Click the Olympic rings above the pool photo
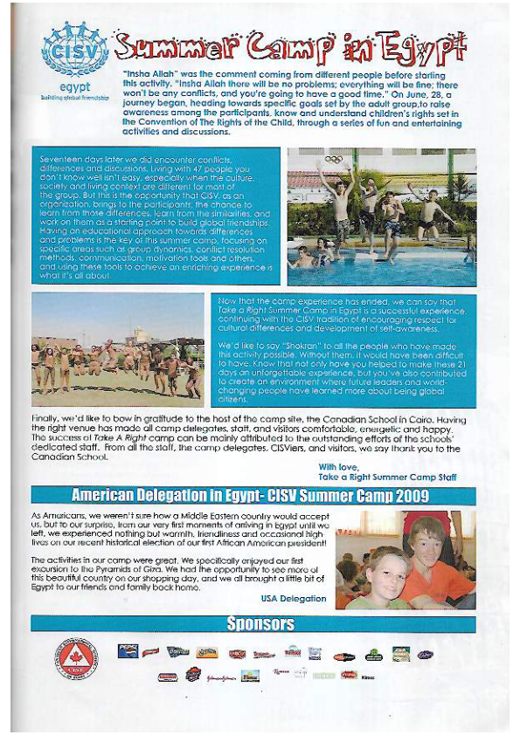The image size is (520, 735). click(x=333, y=159)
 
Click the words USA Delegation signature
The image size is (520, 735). click(x=294, y=598)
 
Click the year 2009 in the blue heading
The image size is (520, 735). click(x=406, y=496)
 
